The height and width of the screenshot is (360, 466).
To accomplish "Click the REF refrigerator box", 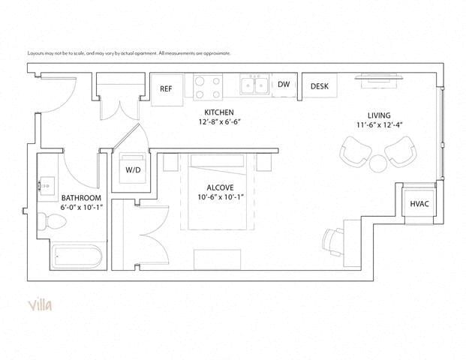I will (x=167, y=88).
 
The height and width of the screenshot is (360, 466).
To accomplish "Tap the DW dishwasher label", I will (x=284, y=85).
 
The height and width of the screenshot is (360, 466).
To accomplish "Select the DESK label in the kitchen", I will (x=320, y=86).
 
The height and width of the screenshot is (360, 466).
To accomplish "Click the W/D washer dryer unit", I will (x=133, y=169).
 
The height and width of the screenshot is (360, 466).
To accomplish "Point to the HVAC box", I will (x=419, y=204).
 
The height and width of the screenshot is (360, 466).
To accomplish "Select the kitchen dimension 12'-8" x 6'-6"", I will (x=219, y=121).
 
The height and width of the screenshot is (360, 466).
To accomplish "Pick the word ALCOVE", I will (x=223, y=187).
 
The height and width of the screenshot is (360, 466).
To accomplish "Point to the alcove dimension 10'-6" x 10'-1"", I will (x=223, y=198).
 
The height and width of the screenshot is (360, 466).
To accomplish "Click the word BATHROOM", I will (x=81, y=198).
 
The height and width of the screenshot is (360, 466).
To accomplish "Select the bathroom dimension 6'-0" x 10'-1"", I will (x=81, y=208).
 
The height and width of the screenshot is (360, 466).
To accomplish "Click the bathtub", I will (x=76, y=257).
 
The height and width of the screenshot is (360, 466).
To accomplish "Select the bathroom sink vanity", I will (x=48, y=184).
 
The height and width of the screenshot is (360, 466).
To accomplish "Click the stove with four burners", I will (x=207, y=87).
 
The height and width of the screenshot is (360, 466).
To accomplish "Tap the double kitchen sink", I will (x=254, y=85).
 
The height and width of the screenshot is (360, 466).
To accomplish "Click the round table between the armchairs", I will (x=376, y=164).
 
